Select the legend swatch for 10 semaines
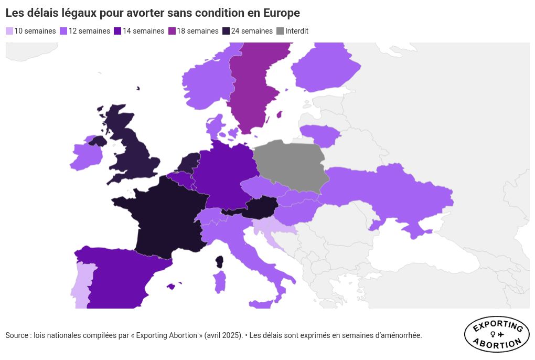click(x=9, y=31)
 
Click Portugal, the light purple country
click(x=82, y=283)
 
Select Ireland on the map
click(x=87, y=155)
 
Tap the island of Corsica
click(x=220, y=261)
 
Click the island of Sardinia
click(x=220, y=281)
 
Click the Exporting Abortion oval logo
click(x=497, y=334)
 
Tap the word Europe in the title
click(x=282, y=13)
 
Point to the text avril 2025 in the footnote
click(x=223, y=335)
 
